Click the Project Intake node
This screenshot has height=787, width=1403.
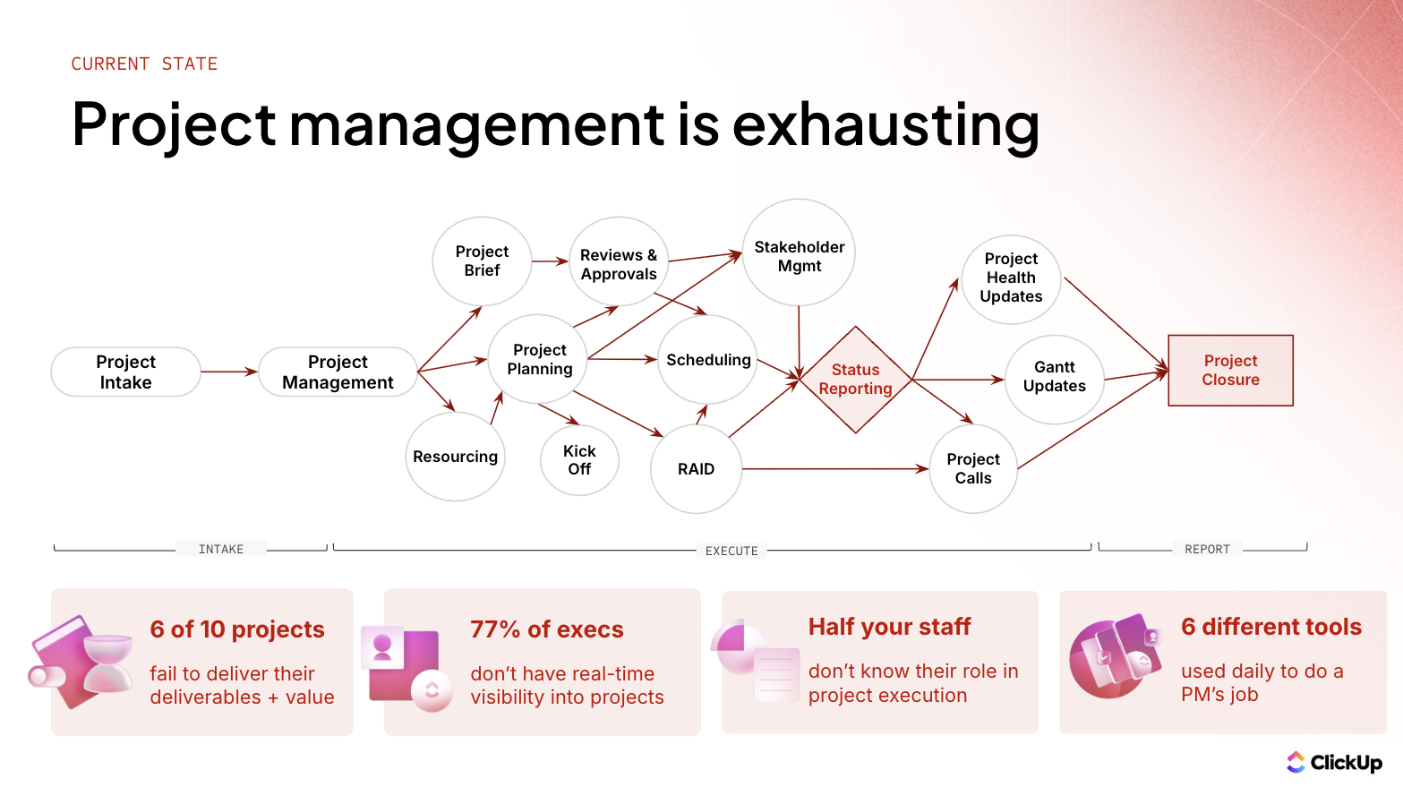pyautogui.click(x=125, y=372)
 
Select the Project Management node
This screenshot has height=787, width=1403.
pyautogui.click(x=338, y=372)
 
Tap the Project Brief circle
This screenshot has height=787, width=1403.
pyautogui.click(x=482, y=261)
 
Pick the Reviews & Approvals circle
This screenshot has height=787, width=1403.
pyautogui.click(x=619, y=264)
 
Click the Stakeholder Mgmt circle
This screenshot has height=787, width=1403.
pyautogui.click(x=799, y=254)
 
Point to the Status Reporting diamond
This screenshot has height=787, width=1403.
pyautogui.click(x=855, y=380)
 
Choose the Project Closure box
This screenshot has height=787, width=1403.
pyautogui.click(x=1230, y=370)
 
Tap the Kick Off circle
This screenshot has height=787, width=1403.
pyautogui.click(x=579, y=460)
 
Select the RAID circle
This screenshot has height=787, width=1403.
pyautogui.click(x=696, y=469)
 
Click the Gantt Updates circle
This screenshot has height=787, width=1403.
pyautogui.click(x=1054, y=377)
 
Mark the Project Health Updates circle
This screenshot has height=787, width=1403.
pyautogui.click(x=1011, y=278)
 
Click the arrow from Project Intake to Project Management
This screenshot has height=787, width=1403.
pyautogui.click(x=229, y=372)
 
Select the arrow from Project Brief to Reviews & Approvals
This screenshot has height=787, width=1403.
pyautogui.click(x=550, y=261)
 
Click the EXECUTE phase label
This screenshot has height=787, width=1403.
pyautogui.click(x=731, y=551)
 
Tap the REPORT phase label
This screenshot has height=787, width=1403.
pyautogui.click(x=1207, y=549)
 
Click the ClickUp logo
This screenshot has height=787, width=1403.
pyautogui.click(x=1334, y=762)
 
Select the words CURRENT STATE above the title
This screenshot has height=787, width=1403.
pyautogui.click(x=144, y=64)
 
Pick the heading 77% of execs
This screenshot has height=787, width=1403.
pyautogui.click(x=546, y=629)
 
